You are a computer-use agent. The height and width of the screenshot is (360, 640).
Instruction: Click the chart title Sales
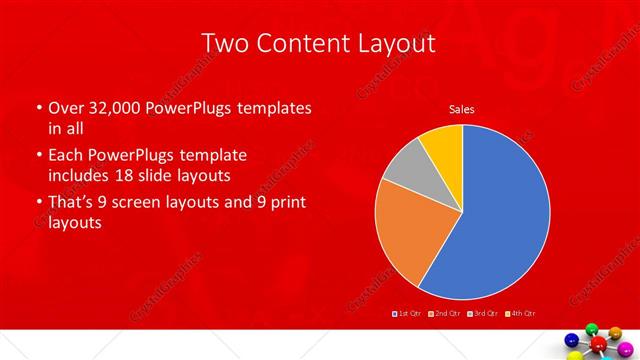click(461, 109)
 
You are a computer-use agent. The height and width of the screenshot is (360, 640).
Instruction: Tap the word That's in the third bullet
click(72, 204)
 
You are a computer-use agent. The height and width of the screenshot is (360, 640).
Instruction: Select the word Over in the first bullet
click(64, 107)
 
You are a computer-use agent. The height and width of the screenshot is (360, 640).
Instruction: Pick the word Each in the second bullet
click(65, 156)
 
